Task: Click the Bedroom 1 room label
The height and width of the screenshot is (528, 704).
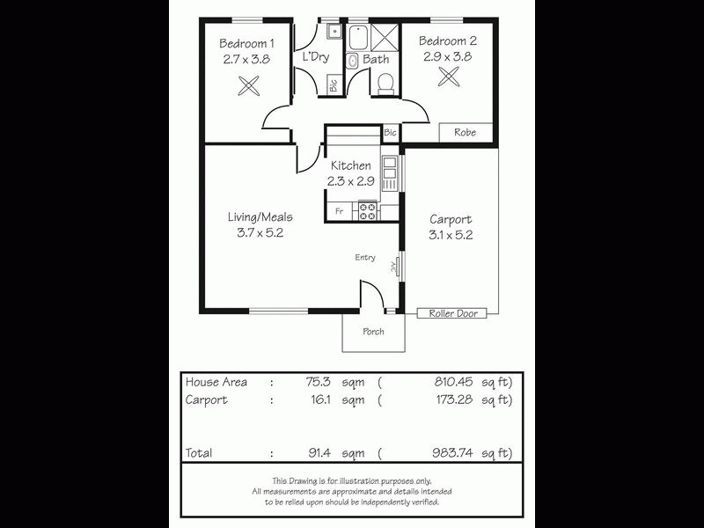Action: click(246, 42)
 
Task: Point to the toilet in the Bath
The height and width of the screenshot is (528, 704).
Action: click(385, 84)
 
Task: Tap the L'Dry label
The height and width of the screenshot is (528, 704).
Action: click(315, 58)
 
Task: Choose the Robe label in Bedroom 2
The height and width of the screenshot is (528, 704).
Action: click(465, 133)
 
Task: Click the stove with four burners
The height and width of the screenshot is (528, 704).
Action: click(366, 211)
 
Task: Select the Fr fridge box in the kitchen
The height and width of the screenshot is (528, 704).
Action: click(338, 212)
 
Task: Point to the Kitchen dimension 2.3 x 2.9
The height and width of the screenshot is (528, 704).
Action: click(351, 181)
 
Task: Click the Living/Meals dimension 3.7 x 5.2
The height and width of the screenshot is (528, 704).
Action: click(260, 233)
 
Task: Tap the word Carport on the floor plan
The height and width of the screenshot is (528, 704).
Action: click(451, 220)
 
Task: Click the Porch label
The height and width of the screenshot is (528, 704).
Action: click(373, 332)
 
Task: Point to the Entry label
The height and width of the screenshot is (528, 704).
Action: click(365, 258)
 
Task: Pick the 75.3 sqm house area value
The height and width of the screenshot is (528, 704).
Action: click(317, 382)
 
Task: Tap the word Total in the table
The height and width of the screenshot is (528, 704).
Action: click(199, 453)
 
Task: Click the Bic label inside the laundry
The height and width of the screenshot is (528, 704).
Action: click(333, 85)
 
